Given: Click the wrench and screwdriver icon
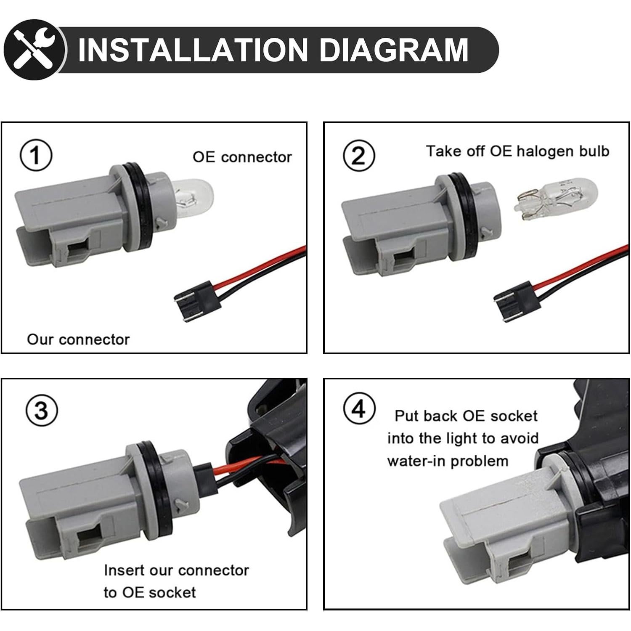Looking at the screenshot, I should pos(34,50).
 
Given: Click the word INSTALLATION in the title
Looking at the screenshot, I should pos(194,50).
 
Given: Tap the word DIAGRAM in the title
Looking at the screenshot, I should pos(394,50).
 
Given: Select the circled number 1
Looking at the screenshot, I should pos(36,155).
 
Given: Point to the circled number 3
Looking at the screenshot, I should pos(42,410).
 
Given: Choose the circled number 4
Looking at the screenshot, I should pos(359,408).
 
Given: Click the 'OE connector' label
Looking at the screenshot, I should pos(242,157).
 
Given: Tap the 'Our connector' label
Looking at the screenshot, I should pos(78,339).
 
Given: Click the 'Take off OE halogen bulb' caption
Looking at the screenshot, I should pos(517,151).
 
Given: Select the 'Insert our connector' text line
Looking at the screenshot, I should pos(176,570).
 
